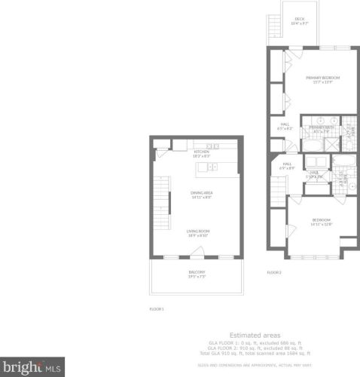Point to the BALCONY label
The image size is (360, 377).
197,273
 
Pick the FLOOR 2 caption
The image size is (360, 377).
274,272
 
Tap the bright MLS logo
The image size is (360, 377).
31,368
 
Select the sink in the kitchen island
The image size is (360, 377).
212,165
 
